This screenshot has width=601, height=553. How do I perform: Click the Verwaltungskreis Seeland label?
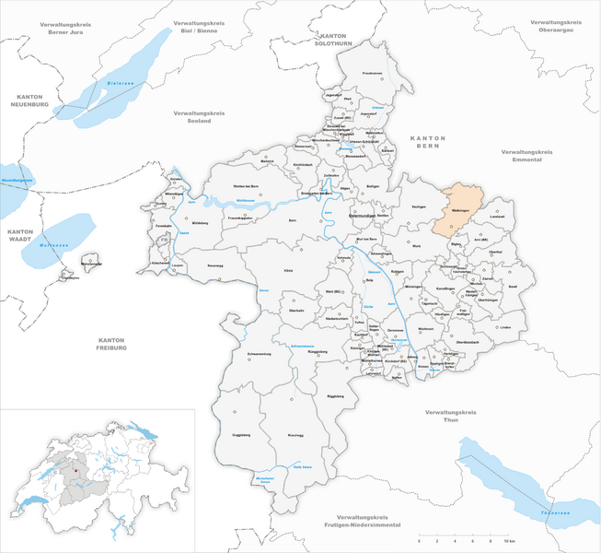(199, 116)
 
